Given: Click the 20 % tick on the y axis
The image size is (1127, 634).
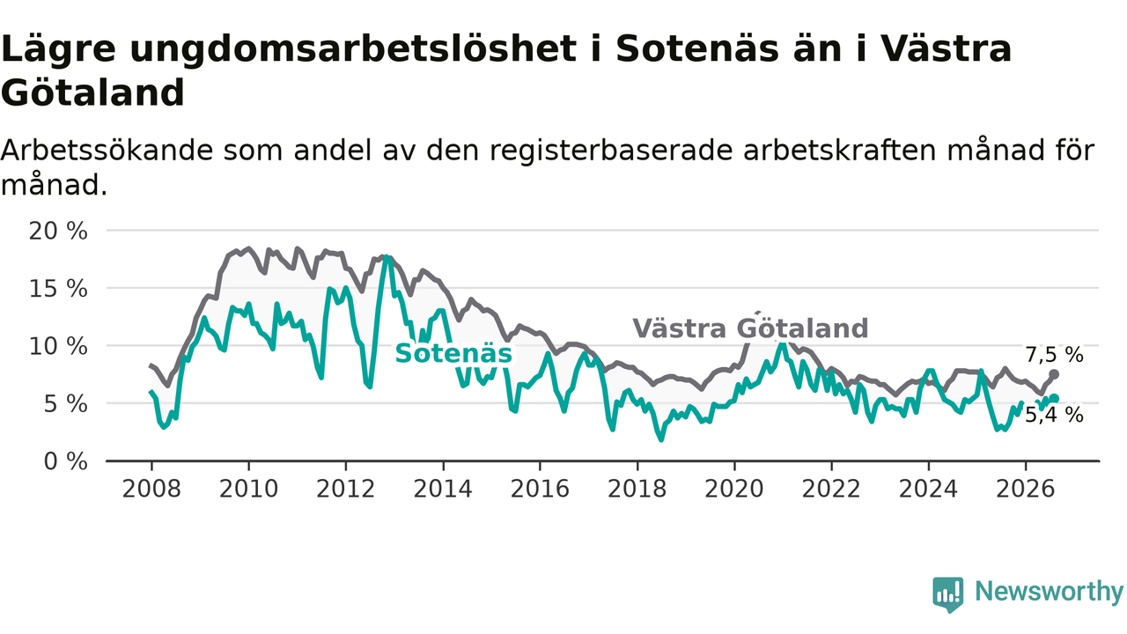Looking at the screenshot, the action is click(x=58, y=232).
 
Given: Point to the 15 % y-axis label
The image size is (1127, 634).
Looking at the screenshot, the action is click(x=58, y=290).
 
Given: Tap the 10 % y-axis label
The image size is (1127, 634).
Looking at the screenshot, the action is click(x=58, y=347).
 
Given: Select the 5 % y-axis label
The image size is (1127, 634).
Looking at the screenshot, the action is click(x=65, y=404).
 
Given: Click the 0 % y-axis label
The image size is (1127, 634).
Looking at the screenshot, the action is click(x=65, y=461).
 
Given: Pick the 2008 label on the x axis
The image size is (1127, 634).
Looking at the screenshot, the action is click(x=151, y=489).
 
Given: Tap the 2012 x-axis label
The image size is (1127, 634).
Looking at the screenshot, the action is click(x=346, y=489).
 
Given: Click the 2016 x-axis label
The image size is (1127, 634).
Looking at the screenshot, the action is click(x=540, y=489).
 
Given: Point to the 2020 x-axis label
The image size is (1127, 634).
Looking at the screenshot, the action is click(x=734, y=489).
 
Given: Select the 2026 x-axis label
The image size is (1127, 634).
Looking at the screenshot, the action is click(x=1026, y=489).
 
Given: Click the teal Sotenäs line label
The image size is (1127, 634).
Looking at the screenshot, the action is click(x=453, y=353).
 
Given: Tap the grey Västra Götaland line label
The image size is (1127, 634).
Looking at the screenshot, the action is click(x=750, y=328).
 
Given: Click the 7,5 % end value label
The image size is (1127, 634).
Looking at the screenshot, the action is click(x=1054, y=355).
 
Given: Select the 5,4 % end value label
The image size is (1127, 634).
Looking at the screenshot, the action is click(x=1054, y=416).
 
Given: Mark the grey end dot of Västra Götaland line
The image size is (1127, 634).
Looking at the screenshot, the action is click(x=1054, y=374).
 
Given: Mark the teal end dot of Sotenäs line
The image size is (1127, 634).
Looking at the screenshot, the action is click(x=1055, y=399).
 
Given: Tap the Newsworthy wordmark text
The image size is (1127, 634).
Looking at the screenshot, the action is click(x=1050, y=592).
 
